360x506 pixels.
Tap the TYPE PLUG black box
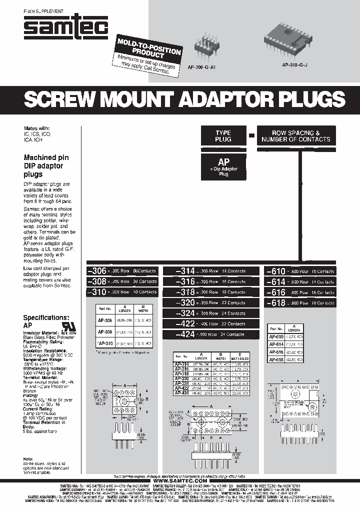(x=223, y=136)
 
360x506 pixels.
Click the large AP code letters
(x=223, y=162)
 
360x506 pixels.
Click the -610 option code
(x=276, y=271)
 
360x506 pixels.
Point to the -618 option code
(x=276, y=302)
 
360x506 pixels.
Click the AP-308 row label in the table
(x=105, y=331)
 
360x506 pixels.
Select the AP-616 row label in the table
(x=276, y=352)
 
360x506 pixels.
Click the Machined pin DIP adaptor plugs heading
(x=46, y=166)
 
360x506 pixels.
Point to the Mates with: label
(x=37, y=128)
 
